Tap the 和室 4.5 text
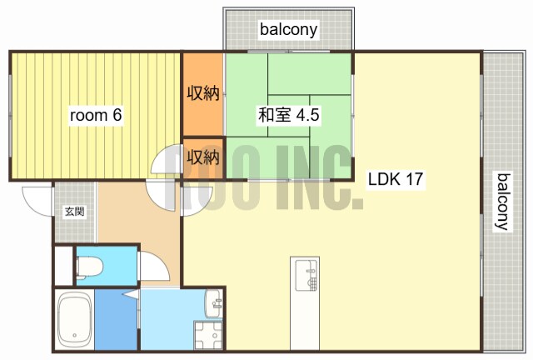[x=288, y=116]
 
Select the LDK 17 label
[x=396, y=180]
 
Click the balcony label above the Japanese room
[x=289, y=30]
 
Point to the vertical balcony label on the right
[x=502, y=201]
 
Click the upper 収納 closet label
[x=202, y=92]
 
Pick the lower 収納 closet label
[x=202, y=156]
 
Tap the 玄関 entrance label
[x=74, y=212]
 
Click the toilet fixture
[x=89, y=267]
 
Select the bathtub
[x=74, y=319]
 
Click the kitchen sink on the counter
[x=306, y=275]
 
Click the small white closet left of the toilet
[x=63, y=266]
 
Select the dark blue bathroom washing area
[x=116, y=320]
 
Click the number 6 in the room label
[x=117, y=116]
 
